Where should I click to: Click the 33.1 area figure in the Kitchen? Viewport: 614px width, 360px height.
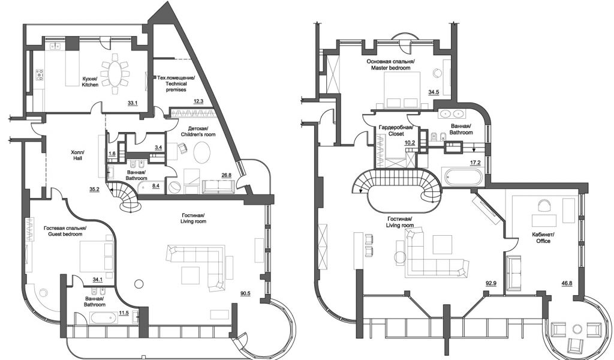133,103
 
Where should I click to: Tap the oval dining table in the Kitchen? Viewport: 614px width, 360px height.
115,74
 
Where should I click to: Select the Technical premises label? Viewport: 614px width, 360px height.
176,83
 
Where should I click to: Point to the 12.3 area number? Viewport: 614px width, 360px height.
198,101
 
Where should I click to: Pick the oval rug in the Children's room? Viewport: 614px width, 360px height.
202,152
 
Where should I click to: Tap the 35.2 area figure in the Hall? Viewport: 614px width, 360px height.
94,189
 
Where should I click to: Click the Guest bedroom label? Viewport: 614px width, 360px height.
65,231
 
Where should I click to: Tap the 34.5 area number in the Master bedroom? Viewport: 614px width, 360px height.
434,92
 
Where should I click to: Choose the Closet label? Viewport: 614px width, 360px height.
396,130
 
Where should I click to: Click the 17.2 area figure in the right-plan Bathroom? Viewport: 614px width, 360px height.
475,162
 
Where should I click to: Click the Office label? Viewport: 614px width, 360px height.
543,238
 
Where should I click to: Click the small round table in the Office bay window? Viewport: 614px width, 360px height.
576,329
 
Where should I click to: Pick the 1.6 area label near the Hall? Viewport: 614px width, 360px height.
112,154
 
